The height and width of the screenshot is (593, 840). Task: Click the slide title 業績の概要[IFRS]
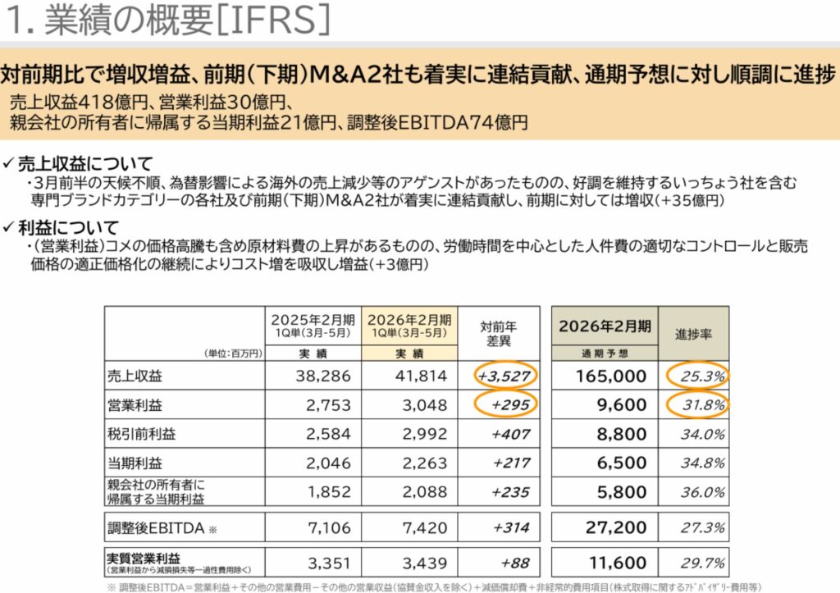168,21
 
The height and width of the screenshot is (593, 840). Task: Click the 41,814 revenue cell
418,376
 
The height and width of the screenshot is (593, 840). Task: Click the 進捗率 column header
693,334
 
